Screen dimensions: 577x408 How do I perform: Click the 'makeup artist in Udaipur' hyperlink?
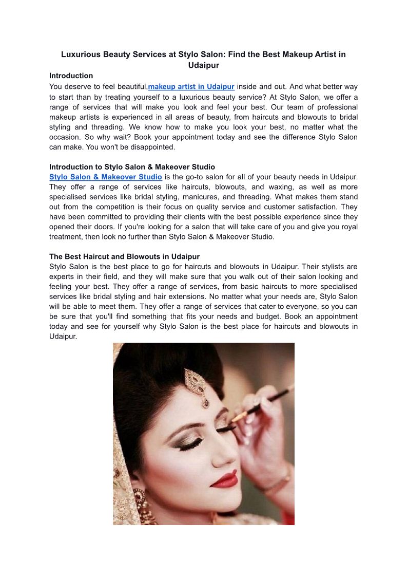(191, 86)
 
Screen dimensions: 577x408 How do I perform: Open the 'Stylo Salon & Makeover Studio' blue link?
(105, 177)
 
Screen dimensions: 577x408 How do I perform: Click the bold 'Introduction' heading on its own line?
(71, 76)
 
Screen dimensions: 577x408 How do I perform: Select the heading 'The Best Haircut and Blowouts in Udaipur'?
(124, 256)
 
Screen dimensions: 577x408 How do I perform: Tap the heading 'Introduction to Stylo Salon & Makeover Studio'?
(132, 167)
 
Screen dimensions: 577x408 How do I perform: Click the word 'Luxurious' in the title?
(81, 54)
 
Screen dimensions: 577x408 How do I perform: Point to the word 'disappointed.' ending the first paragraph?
(153, 147)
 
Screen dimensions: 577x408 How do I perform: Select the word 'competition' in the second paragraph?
(106, 207)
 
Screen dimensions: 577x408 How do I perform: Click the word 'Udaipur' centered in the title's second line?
(204, 65)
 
